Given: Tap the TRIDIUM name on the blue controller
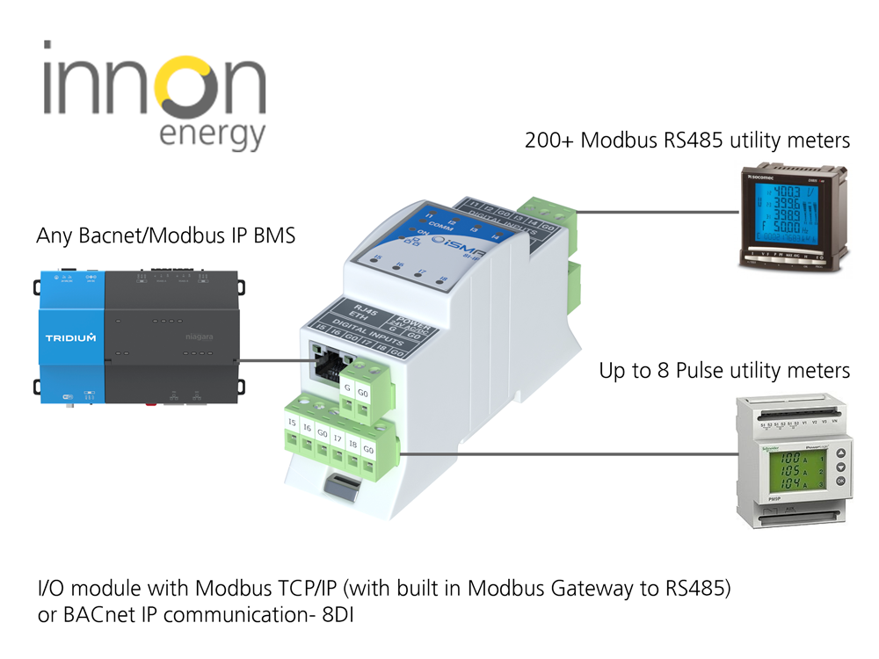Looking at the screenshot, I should (70, 337).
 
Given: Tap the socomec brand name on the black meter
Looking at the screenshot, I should (762, 177).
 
